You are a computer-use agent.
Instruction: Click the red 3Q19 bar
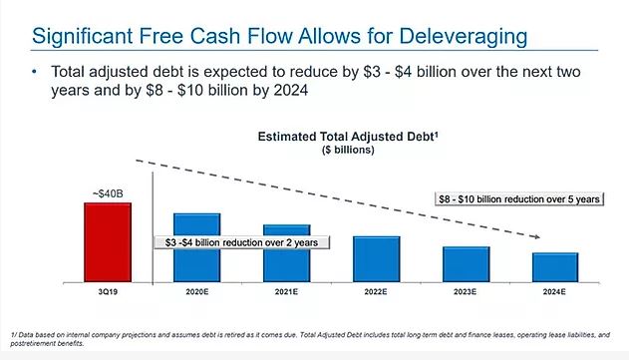coord(108,242)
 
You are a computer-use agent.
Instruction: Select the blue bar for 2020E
coord(197,247)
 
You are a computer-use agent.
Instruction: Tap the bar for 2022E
coord(376,259)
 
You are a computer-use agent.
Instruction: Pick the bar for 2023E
coord(467,264)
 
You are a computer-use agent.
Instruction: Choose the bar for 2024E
coord(555,267)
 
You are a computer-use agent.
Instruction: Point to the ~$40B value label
coord(108,193)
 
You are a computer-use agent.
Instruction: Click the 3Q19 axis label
coord(108,292)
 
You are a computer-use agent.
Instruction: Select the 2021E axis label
coord(286,292)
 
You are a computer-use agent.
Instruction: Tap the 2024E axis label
coord(554,292)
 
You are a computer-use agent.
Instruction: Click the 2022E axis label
coord(376,292)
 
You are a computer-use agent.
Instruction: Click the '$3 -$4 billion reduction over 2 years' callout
coord(242,242)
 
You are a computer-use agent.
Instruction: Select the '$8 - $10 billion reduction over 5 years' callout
coord(519,199)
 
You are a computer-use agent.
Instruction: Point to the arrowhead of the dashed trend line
coord(536,236)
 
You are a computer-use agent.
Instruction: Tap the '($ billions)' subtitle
coord(348,150)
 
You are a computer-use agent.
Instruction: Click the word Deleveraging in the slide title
coord(463,36)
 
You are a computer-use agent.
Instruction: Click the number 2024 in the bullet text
coord(291,90)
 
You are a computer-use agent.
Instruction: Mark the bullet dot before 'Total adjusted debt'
coord(35,72)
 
